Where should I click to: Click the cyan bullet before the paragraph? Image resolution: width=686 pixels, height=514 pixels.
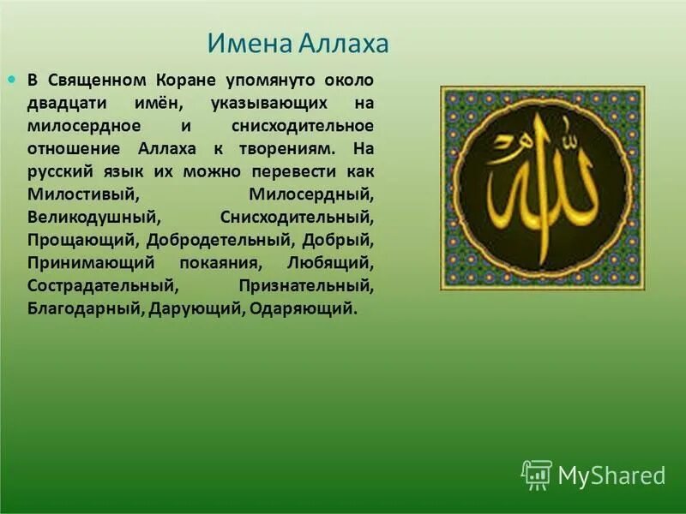pyautogui.click(x=12, y=79)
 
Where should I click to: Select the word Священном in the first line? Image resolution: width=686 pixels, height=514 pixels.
pyautogui.click(x=93, y=81)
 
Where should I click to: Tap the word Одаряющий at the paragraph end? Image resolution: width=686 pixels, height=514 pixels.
pyautogui.click(x=301, y=307)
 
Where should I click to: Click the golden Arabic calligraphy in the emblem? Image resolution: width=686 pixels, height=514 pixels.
pyautogui.click(x=543, y=188)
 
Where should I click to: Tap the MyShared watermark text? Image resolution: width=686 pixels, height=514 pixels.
pyautogui.click(x=611, y=475)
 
